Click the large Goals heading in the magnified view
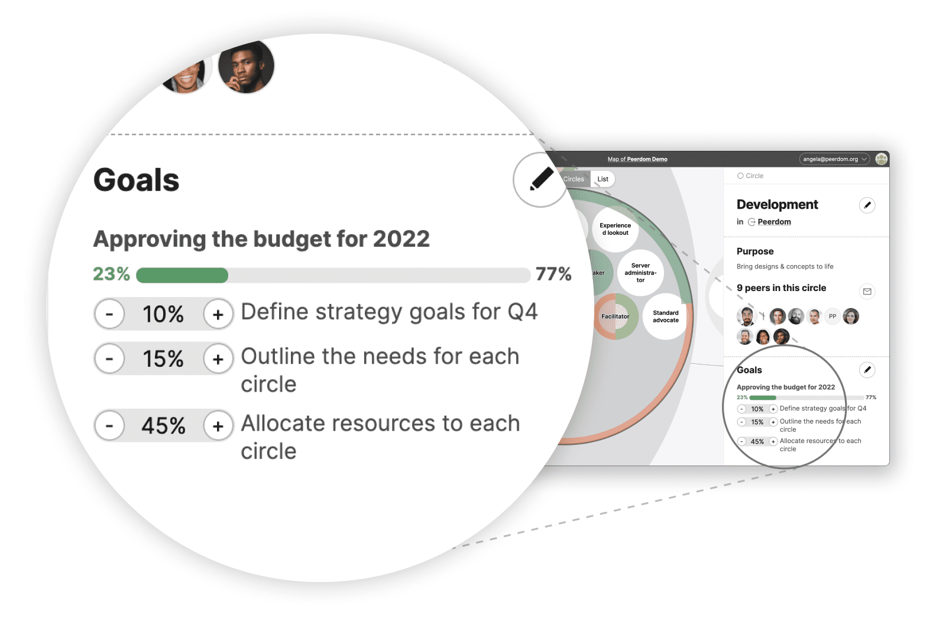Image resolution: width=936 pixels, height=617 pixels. (x=136, y=180)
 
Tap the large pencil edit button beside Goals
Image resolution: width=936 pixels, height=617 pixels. (x=540, y=180)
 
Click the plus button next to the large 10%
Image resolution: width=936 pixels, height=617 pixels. (x=218, y=314)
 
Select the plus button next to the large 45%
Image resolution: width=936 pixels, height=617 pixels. (x=218, y=425)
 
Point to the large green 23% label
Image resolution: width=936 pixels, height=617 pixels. (x=111, y=274)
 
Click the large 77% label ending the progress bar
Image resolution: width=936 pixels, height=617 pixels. (x=553, y=274)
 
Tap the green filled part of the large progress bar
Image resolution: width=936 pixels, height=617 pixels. (x=182, y=276)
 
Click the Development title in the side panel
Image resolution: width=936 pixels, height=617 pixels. (x=777, y=205)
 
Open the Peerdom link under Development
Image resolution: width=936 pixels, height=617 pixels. (x=774, y=222)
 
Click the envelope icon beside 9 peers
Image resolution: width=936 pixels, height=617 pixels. (x=867, y=292)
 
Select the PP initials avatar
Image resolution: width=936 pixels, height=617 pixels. (x=833, y=316)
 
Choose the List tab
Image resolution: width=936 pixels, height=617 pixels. (x=603, y=179)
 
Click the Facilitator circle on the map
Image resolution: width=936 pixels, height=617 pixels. (x=616, y=316)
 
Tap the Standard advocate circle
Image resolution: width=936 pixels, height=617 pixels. (x=666, y=316)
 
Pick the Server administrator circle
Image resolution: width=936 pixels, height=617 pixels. (x=640, y=273)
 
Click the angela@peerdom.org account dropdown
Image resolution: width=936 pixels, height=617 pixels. (x=834, y=159)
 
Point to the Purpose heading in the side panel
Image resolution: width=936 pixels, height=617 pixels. (x=755, y=251)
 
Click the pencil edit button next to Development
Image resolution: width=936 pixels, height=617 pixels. (x=867, y=205)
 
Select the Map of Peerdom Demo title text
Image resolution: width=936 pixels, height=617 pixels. (x=637, y=159)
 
